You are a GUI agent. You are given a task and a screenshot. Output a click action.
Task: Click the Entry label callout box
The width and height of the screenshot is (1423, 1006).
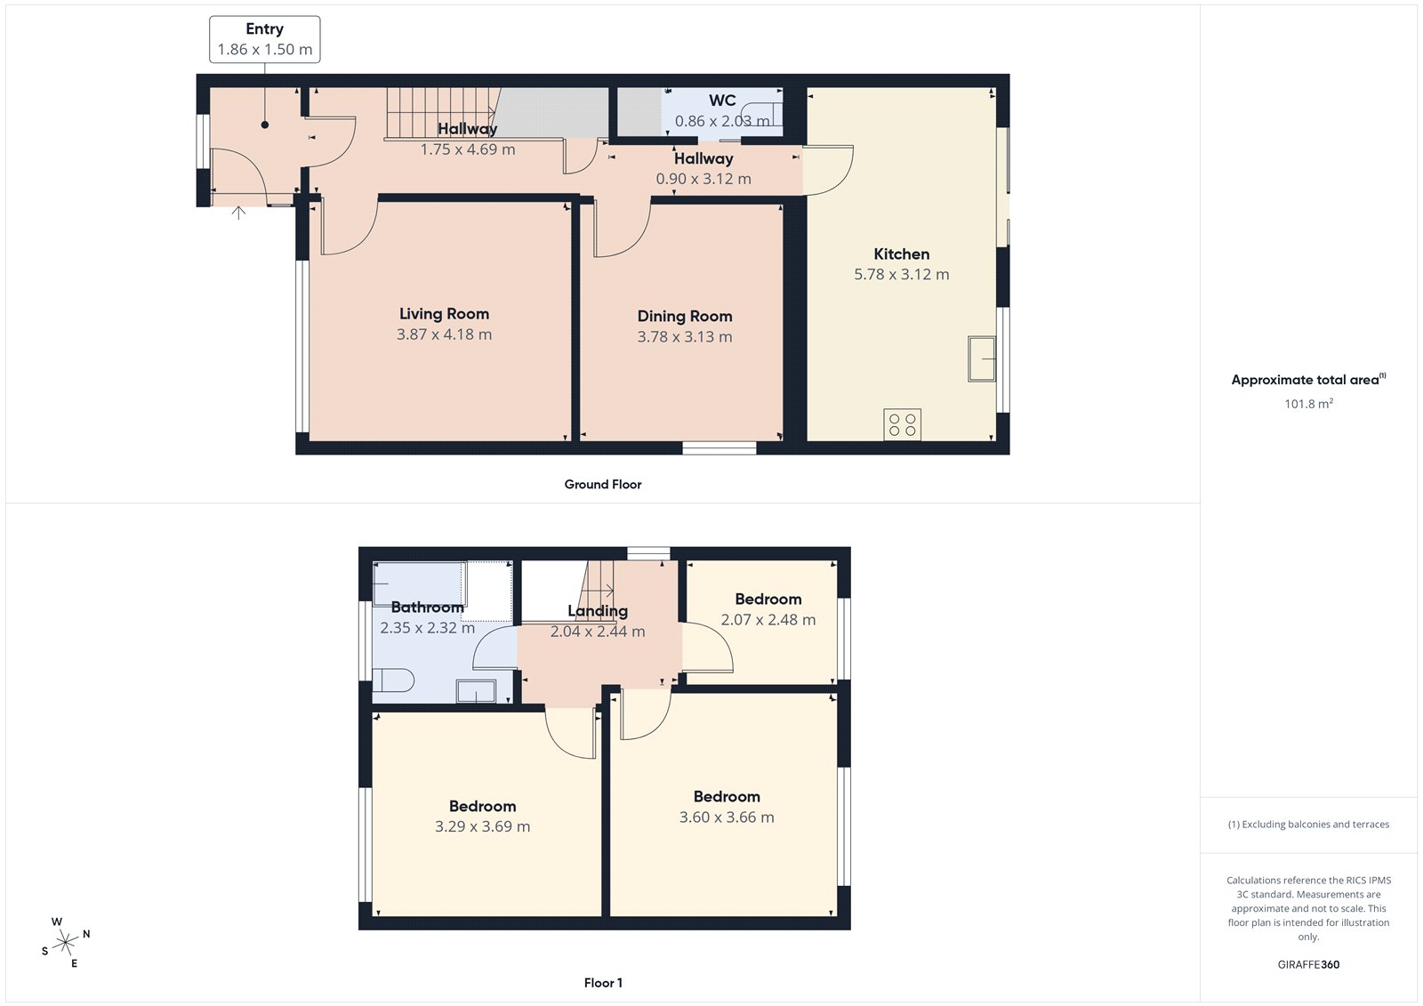tap(264, 39)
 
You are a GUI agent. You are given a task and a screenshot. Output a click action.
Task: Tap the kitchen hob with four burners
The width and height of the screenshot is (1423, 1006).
tap(902, 424)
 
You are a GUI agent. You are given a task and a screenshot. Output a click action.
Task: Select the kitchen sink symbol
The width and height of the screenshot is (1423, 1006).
tap(981, 358)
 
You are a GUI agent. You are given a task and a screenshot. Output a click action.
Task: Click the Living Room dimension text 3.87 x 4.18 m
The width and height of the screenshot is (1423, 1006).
tap(444, 334)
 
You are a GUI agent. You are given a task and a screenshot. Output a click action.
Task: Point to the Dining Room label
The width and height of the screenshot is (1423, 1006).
tap(684, 316)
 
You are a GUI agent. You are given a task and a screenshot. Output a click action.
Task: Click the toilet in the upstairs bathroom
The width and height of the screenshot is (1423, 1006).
tap(393, 681)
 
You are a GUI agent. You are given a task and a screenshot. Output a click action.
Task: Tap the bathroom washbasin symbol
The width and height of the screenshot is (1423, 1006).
tap(476, 691)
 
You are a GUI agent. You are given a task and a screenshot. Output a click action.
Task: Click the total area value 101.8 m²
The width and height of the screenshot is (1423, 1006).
tap(1307, 404)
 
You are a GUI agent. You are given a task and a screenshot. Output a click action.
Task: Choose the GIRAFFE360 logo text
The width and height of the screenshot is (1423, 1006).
tap(1307, 964)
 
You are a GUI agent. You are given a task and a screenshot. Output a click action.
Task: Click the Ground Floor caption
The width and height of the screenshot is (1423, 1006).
tap(602, 485)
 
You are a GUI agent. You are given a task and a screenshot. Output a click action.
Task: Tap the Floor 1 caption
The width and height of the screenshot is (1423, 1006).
tap(603, 983)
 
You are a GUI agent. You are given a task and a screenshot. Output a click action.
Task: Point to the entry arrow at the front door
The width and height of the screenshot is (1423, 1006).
tap(238, 213)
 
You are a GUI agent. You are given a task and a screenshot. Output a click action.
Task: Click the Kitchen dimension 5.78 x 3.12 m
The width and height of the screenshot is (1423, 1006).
tap(901, 275)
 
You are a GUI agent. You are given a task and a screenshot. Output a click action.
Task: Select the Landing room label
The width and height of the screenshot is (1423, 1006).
tap(598, 611)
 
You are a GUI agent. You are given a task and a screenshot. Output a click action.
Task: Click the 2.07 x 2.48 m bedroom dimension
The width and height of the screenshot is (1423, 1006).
tap(768, 620)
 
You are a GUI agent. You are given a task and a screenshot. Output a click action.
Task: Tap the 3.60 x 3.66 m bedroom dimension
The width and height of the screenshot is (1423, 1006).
tap(727, 817)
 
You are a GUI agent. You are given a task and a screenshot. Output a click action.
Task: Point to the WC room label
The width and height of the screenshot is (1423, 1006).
tap(721, 101)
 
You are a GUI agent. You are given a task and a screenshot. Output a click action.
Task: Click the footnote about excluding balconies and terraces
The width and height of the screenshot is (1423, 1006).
tap(1307, 825)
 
